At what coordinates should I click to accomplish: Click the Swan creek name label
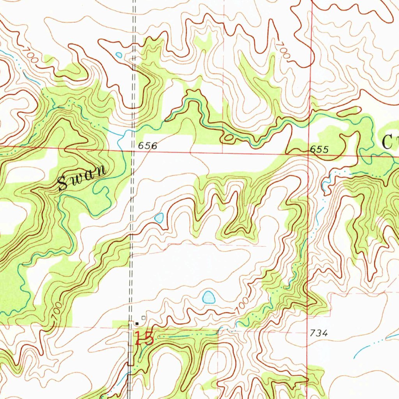point(82,178)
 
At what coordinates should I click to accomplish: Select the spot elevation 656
point(148,146)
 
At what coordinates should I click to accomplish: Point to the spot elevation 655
point(320,150)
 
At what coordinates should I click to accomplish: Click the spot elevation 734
point(319,333)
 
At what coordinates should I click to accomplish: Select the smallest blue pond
point(118,55)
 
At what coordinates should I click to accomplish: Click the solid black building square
point(137,323)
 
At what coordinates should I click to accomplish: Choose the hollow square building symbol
point(143,318)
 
